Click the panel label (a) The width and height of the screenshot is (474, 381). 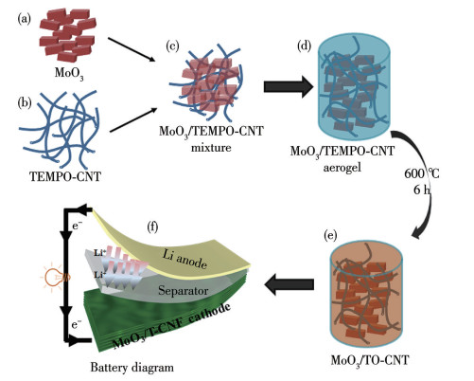[x=25, y=20]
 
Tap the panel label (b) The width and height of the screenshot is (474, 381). [x=25, y=103]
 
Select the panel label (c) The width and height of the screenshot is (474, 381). [x=172, y=46]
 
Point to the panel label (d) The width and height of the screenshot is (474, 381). [x=305, y=46]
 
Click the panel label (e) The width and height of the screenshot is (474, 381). [x=330, y=235]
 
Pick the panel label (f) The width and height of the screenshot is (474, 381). [x=152, y=227]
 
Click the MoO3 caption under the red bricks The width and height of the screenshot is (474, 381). [x=69, y=73]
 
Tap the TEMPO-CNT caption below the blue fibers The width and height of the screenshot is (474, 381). [x=65, y=176]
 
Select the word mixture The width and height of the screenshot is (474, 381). [x=211, y=148]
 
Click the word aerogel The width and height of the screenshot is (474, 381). [x=342, y=168]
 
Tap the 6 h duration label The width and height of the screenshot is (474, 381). [x=422, y=190]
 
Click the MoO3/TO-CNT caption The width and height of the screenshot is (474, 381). [x=370, y=360]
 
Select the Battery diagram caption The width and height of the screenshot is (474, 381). [x=132, y=368]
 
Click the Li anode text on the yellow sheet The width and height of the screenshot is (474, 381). [x=184, y=259]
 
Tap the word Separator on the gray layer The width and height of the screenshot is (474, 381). [x=184, y=290]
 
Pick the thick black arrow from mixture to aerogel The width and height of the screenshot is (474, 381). [x=289, y=86]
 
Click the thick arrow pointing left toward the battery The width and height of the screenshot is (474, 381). [x=290, y=284]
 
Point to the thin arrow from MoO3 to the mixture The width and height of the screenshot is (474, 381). [x=132, y=49]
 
